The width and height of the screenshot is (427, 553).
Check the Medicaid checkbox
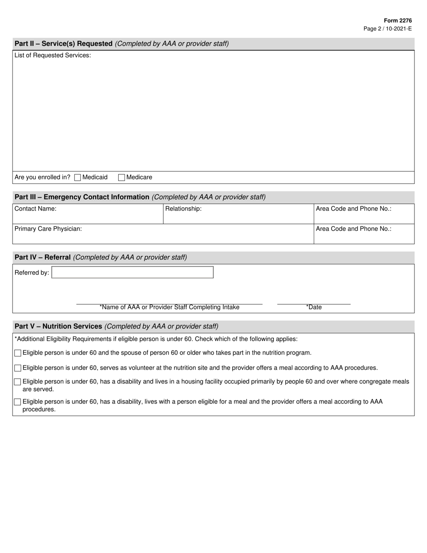point(77,178)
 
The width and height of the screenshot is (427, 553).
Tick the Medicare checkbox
point(121,178)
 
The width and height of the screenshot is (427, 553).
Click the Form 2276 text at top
point(397,21)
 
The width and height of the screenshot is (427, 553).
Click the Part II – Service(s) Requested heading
point(63,44)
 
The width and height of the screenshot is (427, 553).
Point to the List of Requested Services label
point(53,55)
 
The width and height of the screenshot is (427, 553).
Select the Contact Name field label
point(36,209)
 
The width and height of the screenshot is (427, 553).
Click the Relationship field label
point(183,209)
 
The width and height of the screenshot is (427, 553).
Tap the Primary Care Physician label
point(48,229)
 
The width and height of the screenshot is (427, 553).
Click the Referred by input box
point(133,272)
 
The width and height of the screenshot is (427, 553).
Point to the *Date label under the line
point(314,308)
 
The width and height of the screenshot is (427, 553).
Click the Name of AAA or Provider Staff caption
point(169,308)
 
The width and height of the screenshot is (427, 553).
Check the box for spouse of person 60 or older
point(18,353)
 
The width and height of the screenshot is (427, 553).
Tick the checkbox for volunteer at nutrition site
point(18,368)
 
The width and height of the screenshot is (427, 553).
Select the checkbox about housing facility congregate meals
point(18,382)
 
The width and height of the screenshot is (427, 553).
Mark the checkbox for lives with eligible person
point(18,402)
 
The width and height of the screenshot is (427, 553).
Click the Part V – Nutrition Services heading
point(58,326)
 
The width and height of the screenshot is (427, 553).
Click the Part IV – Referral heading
point(43,258)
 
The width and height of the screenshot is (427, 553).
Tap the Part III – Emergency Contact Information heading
point(82,197)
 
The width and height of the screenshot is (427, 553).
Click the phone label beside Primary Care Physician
point(354,229)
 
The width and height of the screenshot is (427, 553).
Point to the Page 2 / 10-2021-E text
point(387,29)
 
